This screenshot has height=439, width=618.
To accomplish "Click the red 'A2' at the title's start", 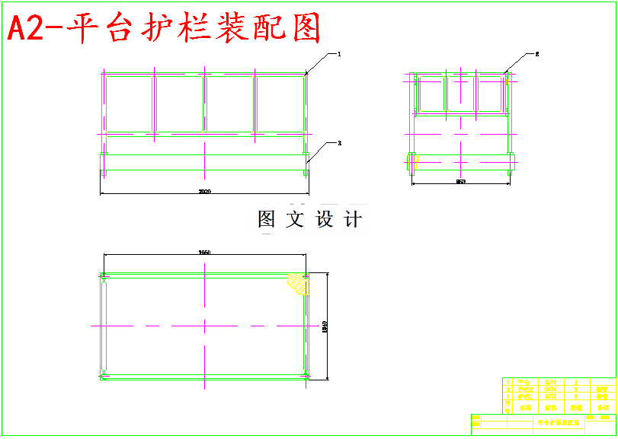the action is click(26, 29).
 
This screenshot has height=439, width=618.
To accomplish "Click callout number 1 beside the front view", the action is click(339, 54).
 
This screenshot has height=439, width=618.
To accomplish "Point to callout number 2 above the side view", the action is click(536, 54).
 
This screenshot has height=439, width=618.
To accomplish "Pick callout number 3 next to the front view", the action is click(339, 142).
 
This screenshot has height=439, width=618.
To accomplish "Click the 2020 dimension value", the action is click(204, 192).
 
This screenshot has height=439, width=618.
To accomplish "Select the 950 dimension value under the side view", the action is click(460, 182).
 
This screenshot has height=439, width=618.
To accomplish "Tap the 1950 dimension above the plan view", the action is click(204, 252).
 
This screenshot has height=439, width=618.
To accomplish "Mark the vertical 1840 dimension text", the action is click(324, 326).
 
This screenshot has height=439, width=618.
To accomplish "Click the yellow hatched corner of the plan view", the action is click(297, 283).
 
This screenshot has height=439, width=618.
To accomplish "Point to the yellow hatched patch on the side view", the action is click(411, 161).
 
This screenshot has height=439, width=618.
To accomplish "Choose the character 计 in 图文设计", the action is click(353, 220).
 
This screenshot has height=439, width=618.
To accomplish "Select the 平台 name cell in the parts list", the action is click(523, 382).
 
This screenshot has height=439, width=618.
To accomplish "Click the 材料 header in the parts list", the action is click(551, 407).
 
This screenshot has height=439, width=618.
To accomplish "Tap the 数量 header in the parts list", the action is click(577, 407).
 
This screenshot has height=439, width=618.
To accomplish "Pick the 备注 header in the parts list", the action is click(603, 407).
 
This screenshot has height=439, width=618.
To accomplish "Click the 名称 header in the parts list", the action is click(523, 407).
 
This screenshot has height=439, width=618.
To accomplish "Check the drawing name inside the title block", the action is click(558, 421).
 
